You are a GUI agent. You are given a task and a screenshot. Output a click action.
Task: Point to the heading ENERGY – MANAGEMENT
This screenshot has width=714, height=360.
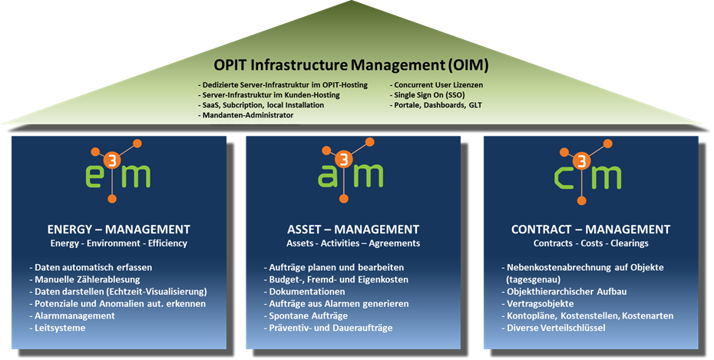[118, 230]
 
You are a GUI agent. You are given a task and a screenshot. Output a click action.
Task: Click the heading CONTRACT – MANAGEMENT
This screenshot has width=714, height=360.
[590, 230]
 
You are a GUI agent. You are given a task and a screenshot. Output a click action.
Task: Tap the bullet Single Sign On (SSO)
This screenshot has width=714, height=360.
[428, 95]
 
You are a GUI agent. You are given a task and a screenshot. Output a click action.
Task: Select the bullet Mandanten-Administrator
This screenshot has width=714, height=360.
[246, 115]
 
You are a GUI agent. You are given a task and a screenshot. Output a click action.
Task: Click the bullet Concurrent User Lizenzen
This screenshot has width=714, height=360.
[438, 85]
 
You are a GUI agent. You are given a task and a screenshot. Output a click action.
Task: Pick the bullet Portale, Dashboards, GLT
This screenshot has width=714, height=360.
[438, 105]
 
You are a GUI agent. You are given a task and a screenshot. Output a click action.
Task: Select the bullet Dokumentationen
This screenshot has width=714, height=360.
[306, 292]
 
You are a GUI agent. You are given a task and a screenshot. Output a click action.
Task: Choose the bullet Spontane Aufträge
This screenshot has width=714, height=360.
[306, 315]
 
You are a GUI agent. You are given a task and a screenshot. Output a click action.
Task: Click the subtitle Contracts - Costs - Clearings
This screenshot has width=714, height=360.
[590, 243]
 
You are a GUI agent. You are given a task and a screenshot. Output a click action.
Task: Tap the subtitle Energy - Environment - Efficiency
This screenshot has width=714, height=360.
[118, 243]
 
